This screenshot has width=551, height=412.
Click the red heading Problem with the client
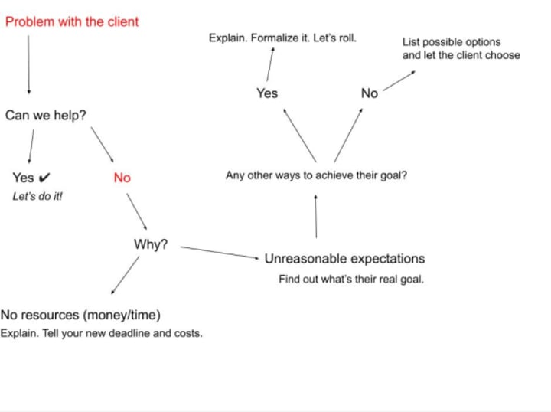(x=72, y=21)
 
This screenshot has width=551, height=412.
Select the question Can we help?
(x=46, y=116)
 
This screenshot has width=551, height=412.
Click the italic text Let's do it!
(x=37, y=196)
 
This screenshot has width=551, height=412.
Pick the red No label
(x=122, y=178)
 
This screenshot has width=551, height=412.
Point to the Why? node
(x=151, y=244)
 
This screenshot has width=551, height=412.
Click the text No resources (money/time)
(x=80, y=315)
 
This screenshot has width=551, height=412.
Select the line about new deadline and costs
(x=102, y=334)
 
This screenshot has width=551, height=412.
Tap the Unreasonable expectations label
(x=344, y=259)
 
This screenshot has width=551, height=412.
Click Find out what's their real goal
(x=350, y=280)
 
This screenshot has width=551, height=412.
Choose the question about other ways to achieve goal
(x=316, y=175)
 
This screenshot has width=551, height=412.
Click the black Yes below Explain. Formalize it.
(x=267, y=93)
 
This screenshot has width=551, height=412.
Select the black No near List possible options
(x=369, y=93)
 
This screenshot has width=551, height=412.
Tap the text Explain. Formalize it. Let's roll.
(x=282, y=37)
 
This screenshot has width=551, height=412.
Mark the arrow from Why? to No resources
(x=126, y=276)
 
